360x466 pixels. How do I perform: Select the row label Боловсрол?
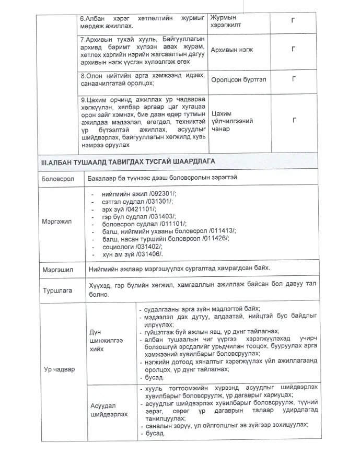click(59, 179)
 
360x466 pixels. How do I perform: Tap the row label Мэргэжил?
click(57, 222)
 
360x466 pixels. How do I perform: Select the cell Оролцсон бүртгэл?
click(237, 79)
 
